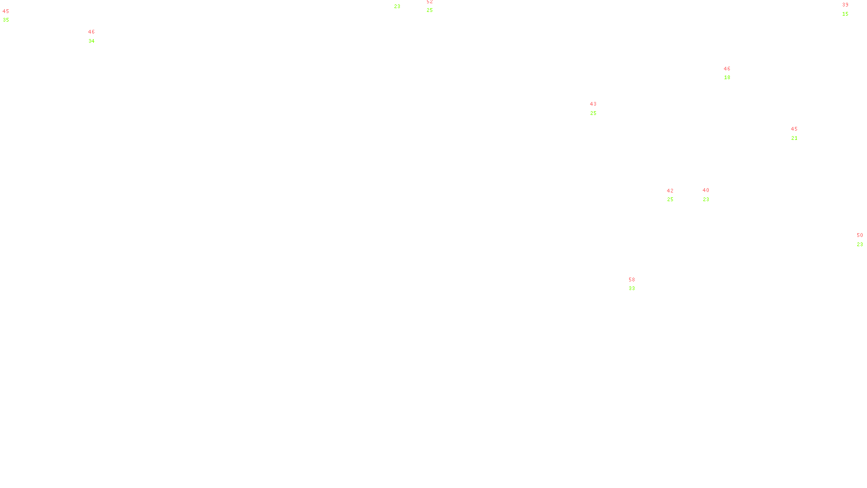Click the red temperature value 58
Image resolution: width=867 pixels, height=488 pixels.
(x=631, y=280)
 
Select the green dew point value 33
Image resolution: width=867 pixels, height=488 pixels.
(x=631, y=288)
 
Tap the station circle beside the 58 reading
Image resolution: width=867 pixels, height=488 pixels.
(x=637, y=284)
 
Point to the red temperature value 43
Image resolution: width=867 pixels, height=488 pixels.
(x=593, y=104)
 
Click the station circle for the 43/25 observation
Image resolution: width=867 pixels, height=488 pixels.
(x=598, y=108)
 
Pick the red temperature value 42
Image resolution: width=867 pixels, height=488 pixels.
(x=670, y=191)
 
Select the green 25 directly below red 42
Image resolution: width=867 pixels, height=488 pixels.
(x=670, y=200)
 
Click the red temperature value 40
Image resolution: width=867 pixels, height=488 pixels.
(x=706, y=190)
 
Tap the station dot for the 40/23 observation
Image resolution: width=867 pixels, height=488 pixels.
(x=711, y=195)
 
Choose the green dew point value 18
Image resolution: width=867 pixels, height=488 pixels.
(x=727, y=78)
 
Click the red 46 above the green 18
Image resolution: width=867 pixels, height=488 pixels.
(x=727, y=69)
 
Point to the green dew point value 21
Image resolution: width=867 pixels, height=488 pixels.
(x=794, y=138)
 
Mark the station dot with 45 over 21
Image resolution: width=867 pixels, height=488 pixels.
(x=800, y=133)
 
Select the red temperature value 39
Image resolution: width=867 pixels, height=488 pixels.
(x=845, y=5)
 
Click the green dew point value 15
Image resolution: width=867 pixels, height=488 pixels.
(x=845, y=14)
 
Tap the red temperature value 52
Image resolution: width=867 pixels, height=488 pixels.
(x=429, y=2)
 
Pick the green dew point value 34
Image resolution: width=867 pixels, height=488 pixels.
(x=91, y=41)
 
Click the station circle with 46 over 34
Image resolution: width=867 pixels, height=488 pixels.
(x=97, y=36)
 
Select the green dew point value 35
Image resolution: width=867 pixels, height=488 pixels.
(x=5, y=20)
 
